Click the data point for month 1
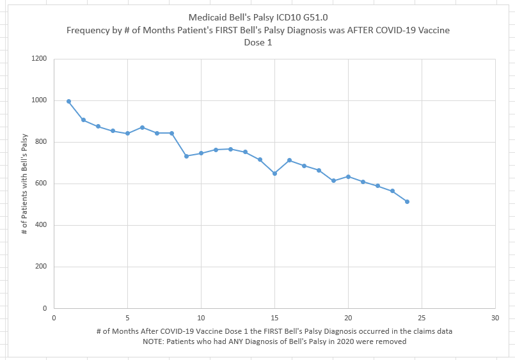(x=68, y=102)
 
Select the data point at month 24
(x=407, y=201)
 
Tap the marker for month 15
(x=274, y=173)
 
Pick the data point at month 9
(x=186, y=156)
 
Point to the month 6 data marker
(x=142, y=127)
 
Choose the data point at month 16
(x=289, y=160)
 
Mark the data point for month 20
(x=348, y=176)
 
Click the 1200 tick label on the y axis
(x=39, y=59)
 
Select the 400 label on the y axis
(x=41, y=225)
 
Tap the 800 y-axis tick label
(x=41, y=142)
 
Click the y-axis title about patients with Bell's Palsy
(x=25, y=184)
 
